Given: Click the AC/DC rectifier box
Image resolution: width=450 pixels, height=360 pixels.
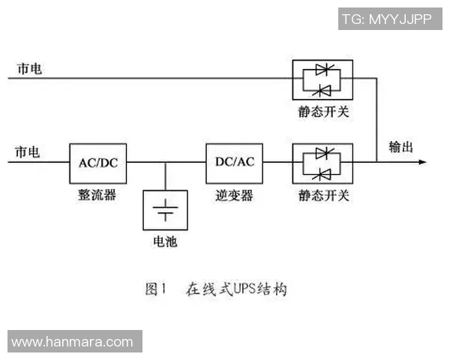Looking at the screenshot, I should pyautogui.click(x=97, y=161).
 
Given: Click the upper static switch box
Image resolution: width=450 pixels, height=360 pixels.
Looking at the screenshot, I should pyautogui.click(x=323, y=80).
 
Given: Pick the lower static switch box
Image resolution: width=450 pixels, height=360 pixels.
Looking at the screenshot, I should pyautogui.click(x=323, y=163).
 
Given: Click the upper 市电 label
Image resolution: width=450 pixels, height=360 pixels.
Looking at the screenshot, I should pyautogui.click(x=29, y=68).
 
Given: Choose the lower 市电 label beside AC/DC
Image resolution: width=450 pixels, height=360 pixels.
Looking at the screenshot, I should pyautogui.click(x=28, y=151).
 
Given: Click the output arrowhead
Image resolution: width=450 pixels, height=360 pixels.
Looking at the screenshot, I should pyautogui.click(x=421, y=161).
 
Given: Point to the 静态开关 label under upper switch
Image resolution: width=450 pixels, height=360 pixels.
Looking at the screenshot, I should pyautogui.click(x=323, y=112).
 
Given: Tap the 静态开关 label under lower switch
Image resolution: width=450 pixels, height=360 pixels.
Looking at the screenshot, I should pyautogui.click(x=323, y=194).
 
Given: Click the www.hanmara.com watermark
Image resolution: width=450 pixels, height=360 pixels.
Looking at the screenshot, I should pyautogui.click(x=72, y=342).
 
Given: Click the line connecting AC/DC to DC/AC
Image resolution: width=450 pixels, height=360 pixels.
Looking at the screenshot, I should pyautogui.click(x=166, y=161).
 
